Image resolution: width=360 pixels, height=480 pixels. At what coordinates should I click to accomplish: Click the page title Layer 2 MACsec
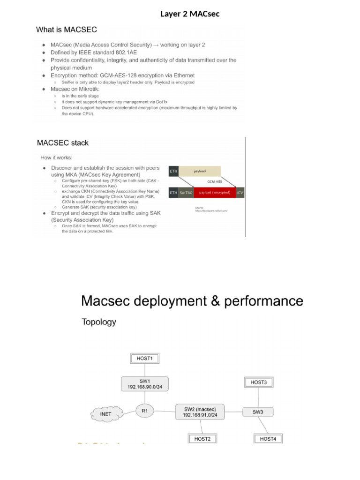tap(190, 14)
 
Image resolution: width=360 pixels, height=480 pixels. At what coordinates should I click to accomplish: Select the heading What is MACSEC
tap(67, 30)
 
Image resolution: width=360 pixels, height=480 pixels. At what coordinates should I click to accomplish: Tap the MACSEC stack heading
tap(63, 142)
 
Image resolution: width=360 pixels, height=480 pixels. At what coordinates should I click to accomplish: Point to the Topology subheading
tap(98, 322)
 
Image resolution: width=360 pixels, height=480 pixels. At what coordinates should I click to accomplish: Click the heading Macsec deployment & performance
tap(192, 300)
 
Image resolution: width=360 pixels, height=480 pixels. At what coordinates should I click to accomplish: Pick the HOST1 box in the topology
tap(145, 359)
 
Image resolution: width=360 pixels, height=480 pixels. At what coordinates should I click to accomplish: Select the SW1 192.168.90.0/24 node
tap(144, 384)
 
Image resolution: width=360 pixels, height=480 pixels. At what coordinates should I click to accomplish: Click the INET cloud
tap(106, 414)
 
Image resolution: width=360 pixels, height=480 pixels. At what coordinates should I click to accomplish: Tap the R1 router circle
tap(144, 411)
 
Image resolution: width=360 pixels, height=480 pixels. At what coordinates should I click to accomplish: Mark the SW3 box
tap(258, 412)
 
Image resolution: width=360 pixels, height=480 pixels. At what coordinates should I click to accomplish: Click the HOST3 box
tap(258, 382)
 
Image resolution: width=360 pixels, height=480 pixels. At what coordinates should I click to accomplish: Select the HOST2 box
tap(202, 439)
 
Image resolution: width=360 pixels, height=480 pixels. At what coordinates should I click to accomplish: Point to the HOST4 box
tap(268, 439)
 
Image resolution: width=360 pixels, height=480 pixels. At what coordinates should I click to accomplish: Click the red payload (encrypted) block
tap(211, 193)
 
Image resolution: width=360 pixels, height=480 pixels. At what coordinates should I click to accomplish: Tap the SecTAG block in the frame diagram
tap(186, 193)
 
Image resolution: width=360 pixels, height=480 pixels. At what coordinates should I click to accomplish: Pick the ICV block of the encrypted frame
tap(240, 193)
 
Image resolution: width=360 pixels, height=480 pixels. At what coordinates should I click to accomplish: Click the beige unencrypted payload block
tap(200, 172)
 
